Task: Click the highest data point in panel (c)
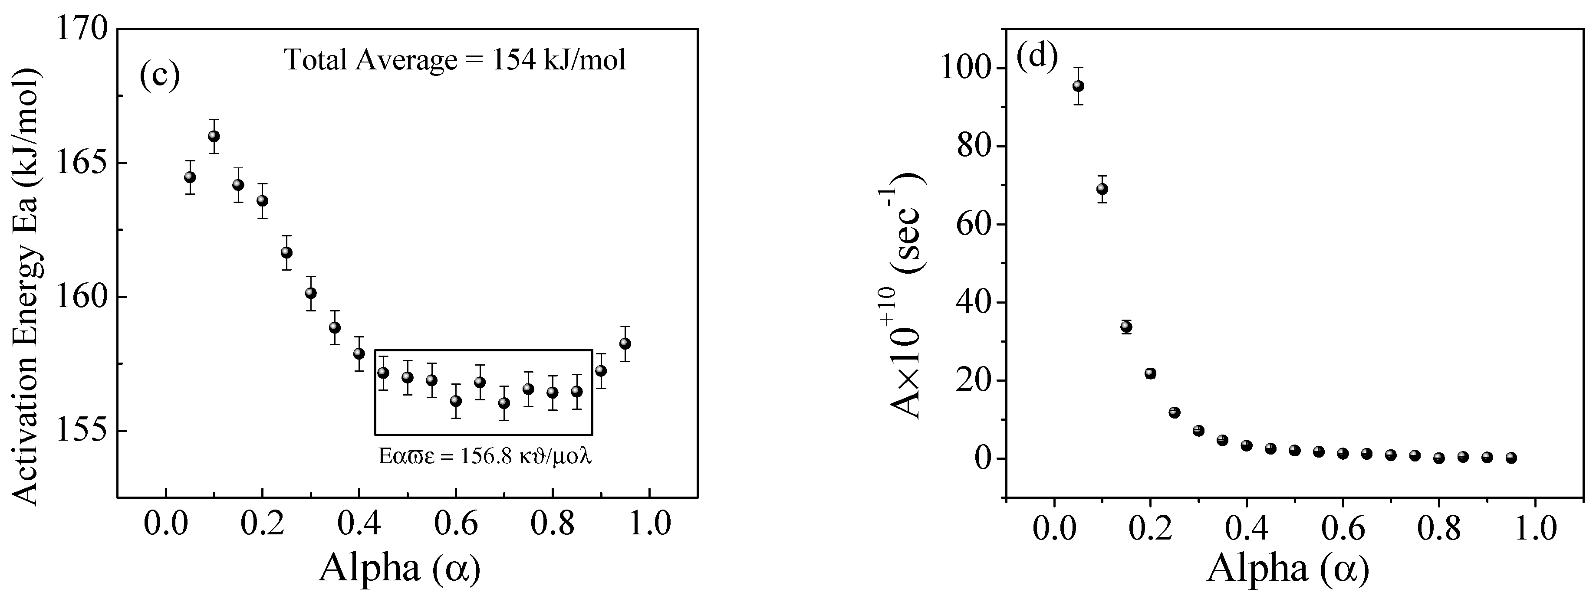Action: [214, 136]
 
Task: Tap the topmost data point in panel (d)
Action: [1078, 86]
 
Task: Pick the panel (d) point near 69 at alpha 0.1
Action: [1102, 189]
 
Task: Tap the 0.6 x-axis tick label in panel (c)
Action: [455, 524]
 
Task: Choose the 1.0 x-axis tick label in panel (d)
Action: [1535, 530]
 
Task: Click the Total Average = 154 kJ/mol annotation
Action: [455, 61]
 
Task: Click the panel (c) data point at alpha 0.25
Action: [286, 253]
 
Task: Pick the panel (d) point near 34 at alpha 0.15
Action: [1126, 327]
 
